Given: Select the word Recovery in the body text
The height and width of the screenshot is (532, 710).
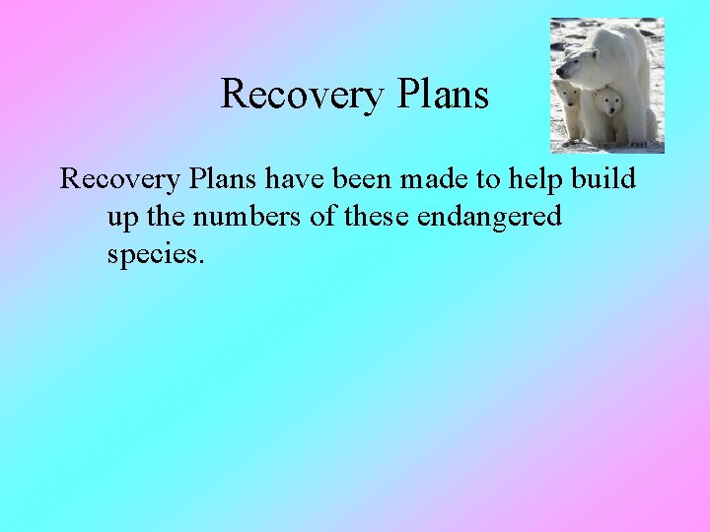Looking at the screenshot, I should (120, 179).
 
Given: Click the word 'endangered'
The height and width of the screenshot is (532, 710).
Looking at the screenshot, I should (489, 217).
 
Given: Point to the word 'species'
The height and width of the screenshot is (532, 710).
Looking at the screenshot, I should (155, 254).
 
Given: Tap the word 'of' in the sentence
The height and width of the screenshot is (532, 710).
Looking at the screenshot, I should (322, 217).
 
